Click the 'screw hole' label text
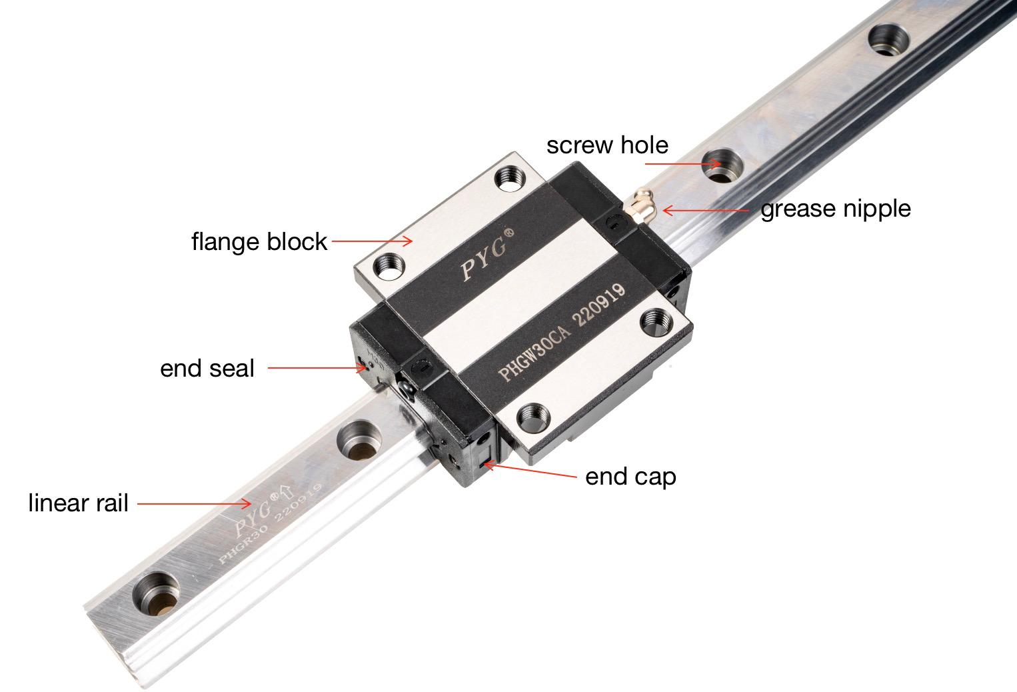(606, 145)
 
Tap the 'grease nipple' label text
(835, 209)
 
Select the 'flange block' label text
(259, 241)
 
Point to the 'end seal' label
(207, 368)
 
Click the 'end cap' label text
(630, 477)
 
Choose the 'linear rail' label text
(78, 503)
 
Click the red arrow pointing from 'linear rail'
(194, 504)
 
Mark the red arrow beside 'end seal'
(317, 367)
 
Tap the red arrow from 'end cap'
(530, 471)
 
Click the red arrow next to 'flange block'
(372, 241)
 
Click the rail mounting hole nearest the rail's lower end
(157, 591)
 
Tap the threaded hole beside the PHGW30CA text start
(535, 417)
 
